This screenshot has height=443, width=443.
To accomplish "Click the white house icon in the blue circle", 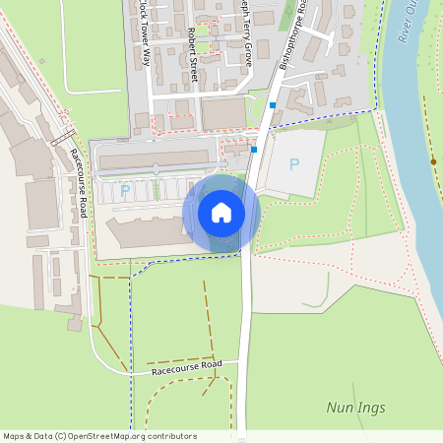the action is tap(221, 213).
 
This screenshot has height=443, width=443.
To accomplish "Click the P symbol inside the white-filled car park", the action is tap(293, 165).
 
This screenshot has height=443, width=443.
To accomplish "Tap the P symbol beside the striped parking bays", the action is tap(124, 190).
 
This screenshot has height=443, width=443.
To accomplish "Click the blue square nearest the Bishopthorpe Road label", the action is tap(273, 104).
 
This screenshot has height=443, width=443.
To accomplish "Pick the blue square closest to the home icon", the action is tap(254, 150).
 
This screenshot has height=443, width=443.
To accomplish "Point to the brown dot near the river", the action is tap(433, 161).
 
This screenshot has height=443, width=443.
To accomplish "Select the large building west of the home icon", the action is tap(149, 231).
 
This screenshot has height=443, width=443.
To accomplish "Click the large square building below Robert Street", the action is tap(223, 114).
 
